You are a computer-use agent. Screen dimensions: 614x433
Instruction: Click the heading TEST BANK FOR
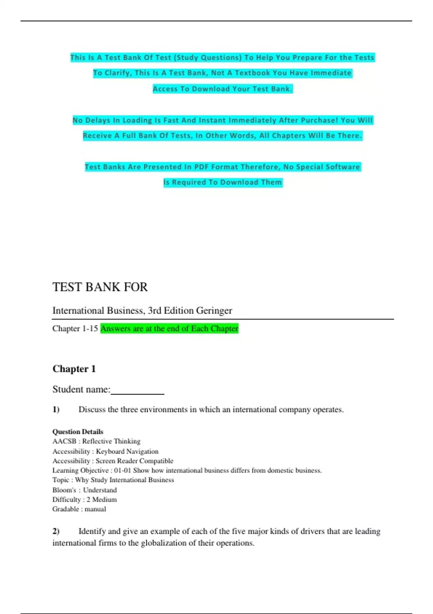pos(100,287)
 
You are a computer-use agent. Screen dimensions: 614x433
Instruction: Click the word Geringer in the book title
pos(214,311)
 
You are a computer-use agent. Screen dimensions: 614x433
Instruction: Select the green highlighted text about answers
pos(169,329)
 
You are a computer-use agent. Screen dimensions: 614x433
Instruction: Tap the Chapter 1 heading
pos(74,369)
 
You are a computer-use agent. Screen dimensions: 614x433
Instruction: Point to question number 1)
pos(56,410)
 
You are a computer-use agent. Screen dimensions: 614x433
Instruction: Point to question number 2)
pos(56,531)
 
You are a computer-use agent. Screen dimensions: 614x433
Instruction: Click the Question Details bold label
pos(78,432)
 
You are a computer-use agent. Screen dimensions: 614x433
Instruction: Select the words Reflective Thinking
pos(111,441)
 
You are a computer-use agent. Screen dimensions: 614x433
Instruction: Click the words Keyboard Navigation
pos(127,451)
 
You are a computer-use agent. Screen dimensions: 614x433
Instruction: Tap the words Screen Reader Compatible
pos(134,461)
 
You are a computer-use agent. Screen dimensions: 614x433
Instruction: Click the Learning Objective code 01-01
pos(122,471)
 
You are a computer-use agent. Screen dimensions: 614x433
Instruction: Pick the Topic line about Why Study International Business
pos(113,480)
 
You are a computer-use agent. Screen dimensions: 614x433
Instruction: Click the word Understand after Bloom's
pos(100,490)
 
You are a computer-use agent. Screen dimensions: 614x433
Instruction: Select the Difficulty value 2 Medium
pos(101,500)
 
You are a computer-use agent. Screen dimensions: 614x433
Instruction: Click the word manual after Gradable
pos(95,509)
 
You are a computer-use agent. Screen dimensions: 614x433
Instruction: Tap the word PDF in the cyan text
pos(201,167)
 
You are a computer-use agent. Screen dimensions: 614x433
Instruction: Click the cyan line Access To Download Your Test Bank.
pos(222,89)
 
